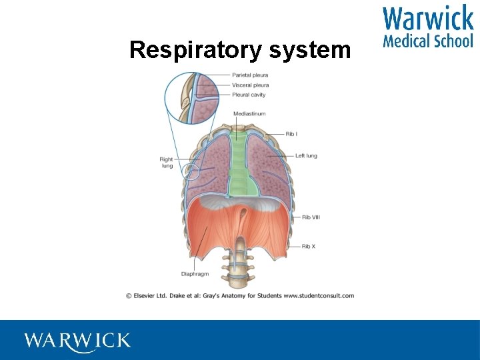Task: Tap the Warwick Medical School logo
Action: click(427, 27)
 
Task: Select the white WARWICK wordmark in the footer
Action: click(77, 341)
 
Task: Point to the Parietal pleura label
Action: click(250, 75)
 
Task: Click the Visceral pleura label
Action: click(250, 85)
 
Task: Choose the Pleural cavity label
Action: click(249, 95)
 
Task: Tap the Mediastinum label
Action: click(249, 114)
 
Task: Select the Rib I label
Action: click(291, 134)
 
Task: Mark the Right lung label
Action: click(166, 163)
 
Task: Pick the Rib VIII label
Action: click(311, 217)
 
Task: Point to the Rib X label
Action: click(309, 247)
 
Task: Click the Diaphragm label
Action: click(194, 274)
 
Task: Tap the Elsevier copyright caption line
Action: click(240, 295)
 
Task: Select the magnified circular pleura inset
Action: click(193, 98)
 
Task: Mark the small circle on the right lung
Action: click(192, 171)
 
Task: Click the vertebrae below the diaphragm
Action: click(239, 267)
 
